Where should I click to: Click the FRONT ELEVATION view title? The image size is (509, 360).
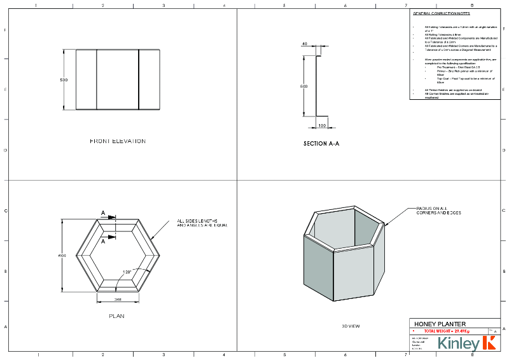(x=118, y=141)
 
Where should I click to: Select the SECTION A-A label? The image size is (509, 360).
(x=321, y=144)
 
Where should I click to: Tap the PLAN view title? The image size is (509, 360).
(x=116, y=315)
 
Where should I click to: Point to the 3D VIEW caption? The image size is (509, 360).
(x=351, y=326)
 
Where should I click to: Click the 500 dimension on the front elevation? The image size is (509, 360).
(x=64, y=80)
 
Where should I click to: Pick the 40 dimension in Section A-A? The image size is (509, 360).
(x=305, y=44)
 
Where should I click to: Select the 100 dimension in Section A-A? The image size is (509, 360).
(x=322, y=126)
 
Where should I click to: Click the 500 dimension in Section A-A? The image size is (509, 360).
(x=303, y=86)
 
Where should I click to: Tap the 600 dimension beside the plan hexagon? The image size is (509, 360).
(x=62, y=255)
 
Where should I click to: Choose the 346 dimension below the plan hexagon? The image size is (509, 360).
(x=118, y=298)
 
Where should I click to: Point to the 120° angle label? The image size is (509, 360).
(x=127, y=272)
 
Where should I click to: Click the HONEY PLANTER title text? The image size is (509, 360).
(x=440, y=324)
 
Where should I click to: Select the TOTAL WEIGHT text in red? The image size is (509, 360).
(x=446, y=331)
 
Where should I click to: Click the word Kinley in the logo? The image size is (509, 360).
(x=457, y=344)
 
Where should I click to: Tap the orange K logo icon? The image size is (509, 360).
(x=489, y=343)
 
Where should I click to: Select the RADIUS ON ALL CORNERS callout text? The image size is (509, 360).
(x=438, y=211)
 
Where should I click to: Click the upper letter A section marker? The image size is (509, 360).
(x=102, y=214)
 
